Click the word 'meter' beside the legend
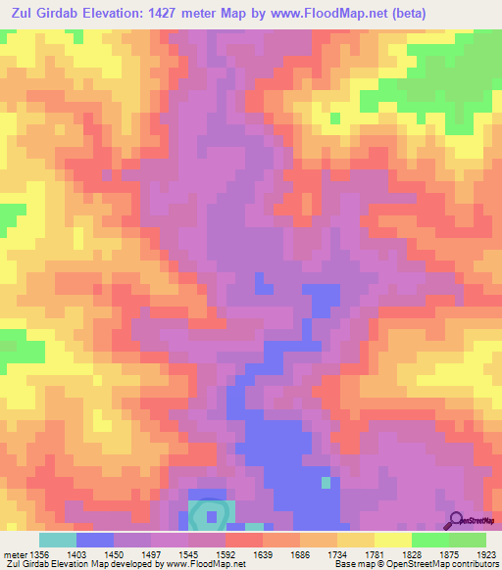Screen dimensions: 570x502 pos(13,553)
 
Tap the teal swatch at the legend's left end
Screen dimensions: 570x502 pos(58,540)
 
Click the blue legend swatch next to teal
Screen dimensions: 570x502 pos(95,540)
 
